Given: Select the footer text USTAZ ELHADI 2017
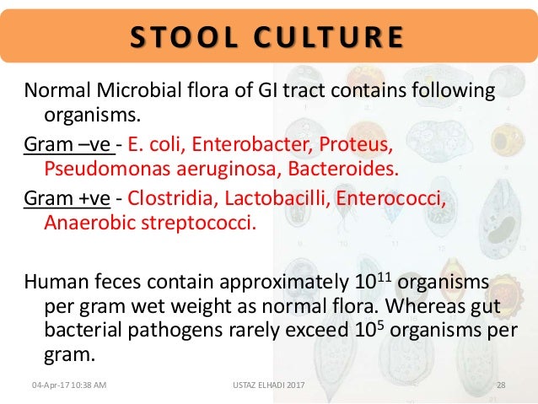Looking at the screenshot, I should [x=266, y=385].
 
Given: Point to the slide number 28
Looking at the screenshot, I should [x=501, y=385].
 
